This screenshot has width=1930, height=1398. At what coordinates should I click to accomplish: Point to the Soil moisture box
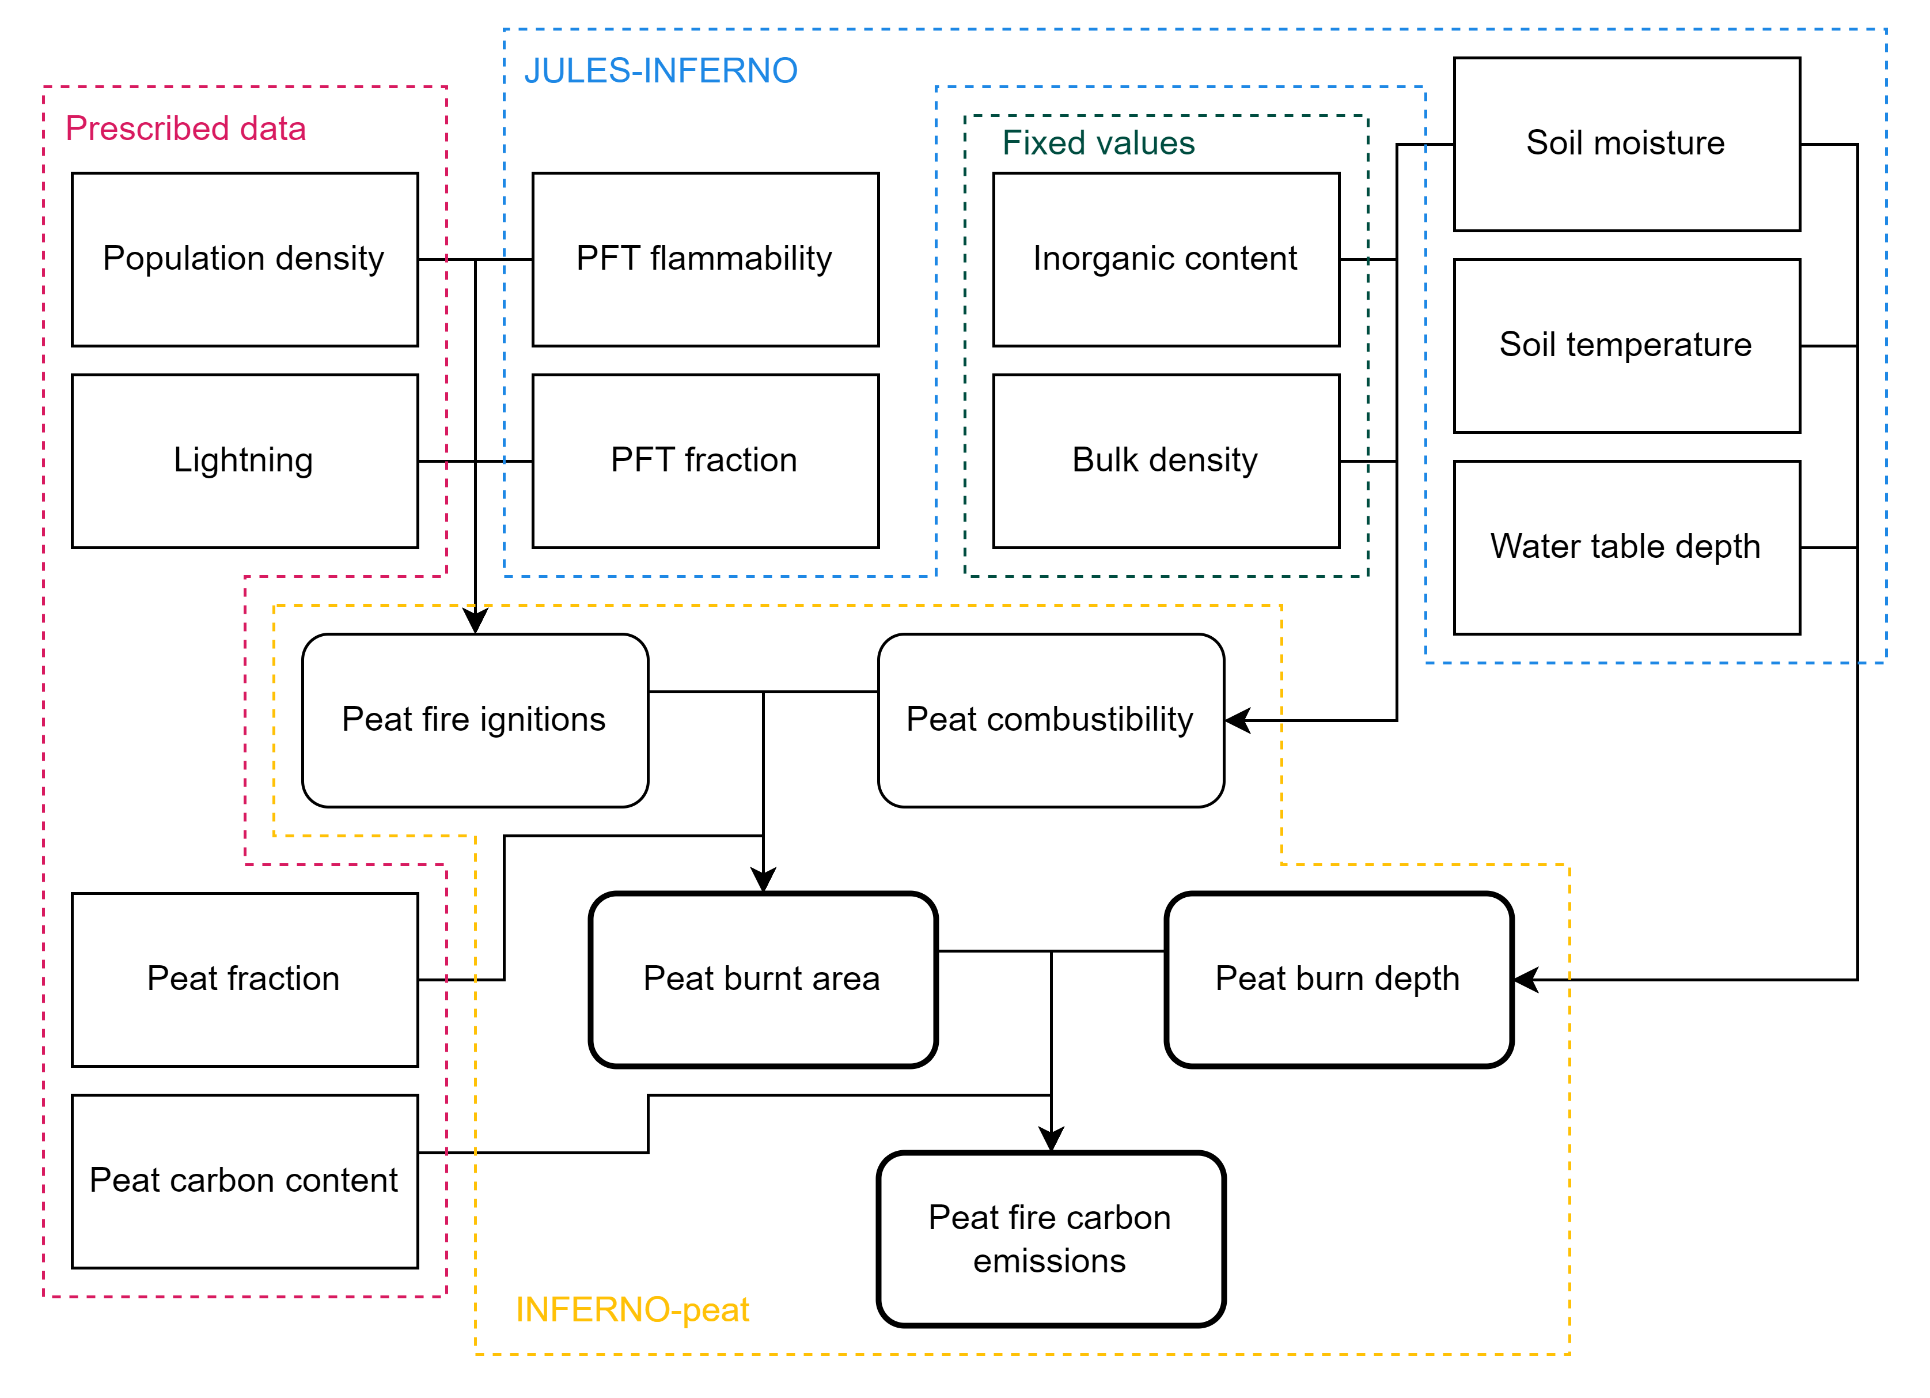pos(1626,144)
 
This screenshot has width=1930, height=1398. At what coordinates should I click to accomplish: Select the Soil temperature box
pos(1626,346)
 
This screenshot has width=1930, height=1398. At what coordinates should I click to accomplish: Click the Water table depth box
pos(1626,547)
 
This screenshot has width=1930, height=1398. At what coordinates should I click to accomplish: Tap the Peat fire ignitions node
pos(475,720)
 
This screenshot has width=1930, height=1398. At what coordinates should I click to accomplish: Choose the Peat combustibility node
pos(1051,720)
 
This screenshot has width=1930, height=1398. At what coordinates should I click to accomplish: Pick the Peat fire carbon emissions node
pos(1051,1239)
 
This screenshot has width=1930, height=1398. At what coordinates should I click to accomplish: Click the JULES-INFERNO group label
pos(661,71)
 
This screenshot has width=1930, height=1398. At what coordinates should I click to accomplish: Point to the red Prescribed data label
pos(185,129)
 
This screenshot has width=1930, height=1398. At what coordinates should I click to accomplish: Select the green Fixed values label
pos(1098,143)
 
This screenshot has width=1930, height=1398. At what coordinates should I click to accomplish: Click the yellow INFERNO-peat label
pos(632,1309)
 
